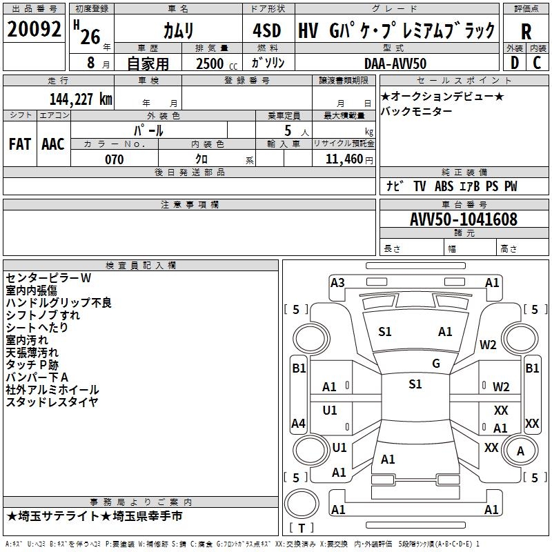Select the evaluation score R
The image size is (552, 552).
click(526, 32)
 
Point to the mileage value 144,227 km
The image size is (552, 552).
click(81, 99)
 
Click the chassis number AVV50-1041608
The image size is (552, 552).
click(464, 219)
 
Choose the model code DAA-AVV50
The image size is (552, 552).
click(395, 63)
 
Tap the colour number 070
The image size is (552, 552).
click(114, 159)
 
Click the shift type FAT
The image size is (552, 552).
click(19, 144)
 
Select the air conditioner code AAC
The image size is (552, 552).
click(53, 144)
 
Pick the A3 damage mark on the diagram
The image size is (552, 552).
click(337, 282)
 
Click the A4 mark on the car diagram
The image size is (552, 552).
click(298, 423)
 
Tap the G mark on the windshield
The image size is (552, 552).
click(435, 364)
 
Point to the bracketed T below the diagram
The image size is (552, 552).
click(302, 528)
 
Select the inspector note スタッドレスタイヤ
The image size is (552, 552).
click(52, 402)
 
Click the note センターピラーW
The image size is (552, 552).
click(48, 278)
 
